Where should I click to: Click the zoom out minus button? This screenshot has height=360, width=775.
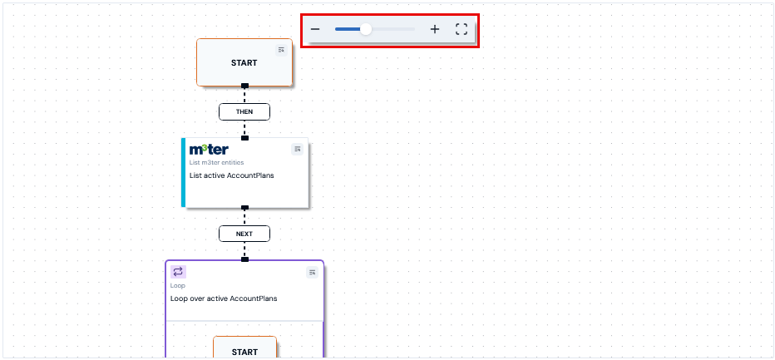315,29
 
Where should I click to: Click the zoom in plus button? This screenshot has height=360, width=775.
434,29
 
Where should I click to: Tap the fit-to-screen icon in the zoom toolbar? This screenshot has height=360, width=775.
462,29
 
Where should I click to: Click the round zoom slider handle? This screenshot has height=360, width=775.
366,29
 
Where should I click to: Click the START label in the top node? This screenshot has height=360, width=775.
244,63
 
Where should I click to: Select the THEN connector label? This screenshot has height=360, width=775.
244,111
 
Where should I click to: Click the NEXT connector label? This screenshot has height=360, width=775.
244,234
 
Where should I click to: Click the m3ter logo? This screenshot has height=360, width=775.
209,149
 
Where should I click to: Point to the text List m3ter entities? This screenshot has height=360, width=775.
216,162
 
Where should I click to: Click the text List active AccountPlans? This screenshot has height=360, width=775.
225,175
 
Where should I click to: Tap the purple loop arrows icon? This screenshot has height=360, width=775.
178,272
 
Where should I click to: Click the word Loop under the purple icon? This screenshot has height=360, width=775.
177,285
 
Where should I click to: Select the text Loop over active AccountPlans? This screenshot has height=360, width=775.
224,298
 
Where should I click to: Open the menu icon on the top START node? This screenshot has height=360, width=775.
281,50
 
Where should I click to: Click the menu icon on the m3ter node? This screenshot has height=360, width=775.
297,149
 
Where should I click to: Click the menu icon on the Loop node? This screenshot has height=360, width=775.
312,272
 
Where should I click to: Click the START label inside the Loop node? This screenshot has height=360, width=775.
244,352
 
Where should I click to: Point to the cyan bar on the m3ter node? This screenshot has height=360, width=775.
184,172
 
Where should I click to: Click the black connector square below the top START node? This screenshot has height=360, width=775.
244,86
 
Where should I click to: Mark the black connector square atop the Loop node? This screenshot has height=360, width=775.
244,259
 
